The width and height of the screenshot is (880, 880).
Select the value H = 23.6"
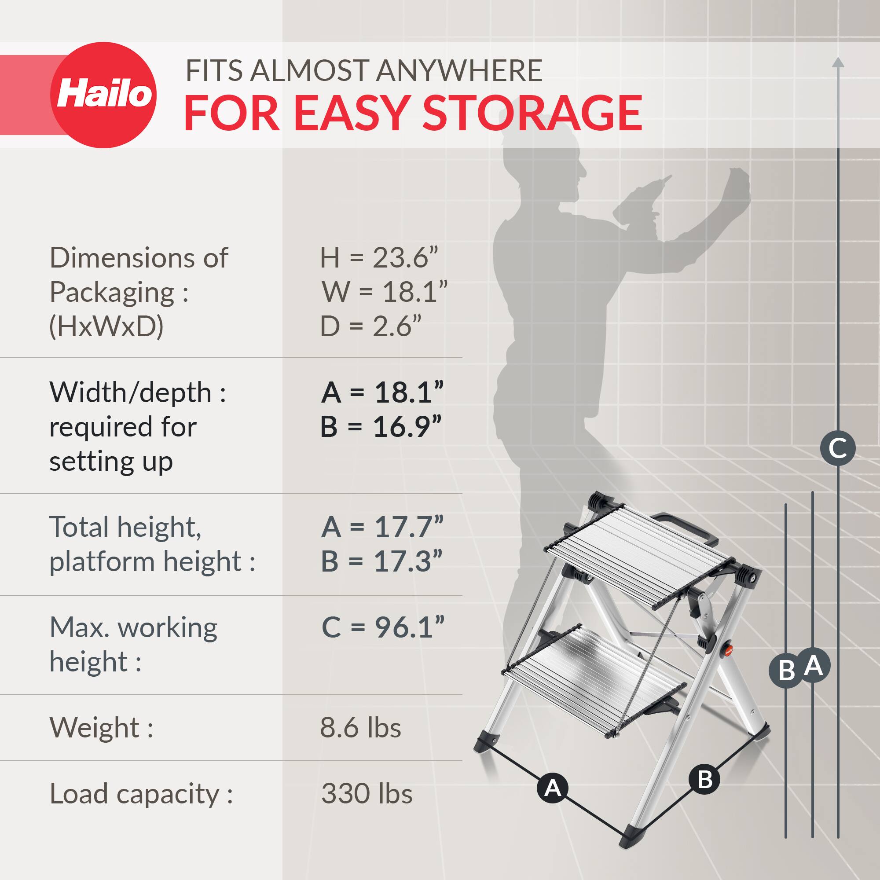(x=378, y=258)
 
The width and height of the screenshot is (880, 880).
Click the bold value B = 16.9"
(x=381, y=427)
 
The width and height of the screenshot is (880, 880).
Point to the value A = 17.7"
(x=381, y=527)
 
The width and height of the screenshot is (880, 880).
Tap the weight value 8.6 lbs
(x=360, y=727)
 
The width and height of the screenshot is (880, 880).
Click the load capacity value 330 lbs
(x=367, y=794)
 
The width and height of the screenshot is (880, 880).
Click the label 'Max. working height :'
(x=133, y=645)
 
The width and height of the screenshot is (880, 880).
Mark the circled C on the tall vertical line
(x=838, y=448)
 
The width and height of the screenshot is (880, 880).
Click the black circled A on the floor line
(x=553, y=788)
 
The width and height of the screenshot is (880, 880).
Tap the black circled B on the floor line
(x=704, y=779)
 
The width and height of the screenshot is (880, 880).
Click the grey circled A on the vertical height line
(x=813, y=666)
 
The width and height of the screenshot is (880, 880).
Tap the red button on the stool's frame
(x=727, y=650)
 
